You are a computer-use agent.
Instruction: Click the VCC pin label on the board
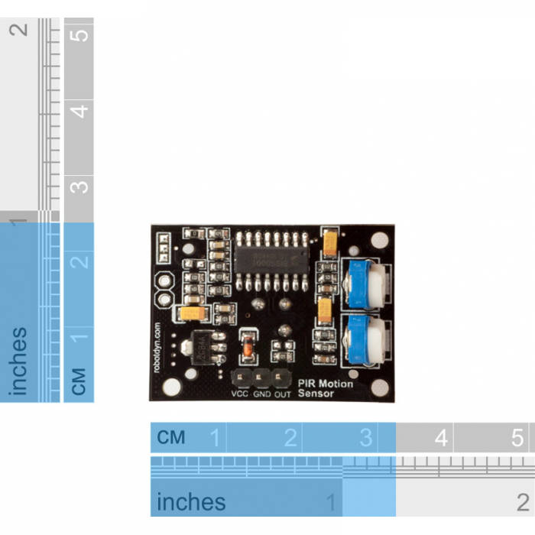click(239, 394)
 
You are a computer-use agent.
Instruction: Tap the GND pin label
click(262, 394)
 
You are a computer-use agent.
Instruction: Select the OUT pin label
click(282, 394)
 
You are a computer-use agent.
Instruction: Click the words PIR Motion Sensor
click(325, 388)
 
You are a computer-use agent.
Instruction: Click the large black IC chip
click(271, 261)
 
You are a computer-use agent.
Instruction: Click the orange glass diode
click(247, 349)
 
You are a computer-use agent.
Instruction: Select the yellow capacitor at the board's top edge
click(330, 242)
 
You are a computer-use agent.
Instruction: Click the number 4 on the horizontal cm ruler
click(441, 438)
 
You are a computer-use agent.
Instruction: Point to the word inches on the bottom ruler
click(191, 502)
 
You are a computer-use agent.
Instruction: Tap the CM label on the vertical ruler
click(79, 380)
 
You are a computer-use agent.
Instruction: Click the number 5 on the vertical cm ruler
click(79, 34)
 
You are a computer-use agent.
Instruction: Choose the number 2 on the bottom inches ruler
click(523, 502)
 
